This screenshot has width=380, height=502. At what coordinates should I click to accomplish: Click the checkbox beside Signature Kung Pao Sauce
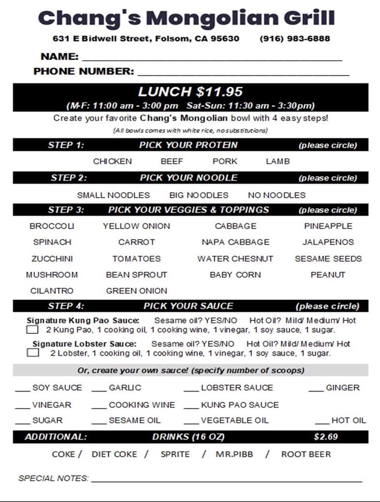coord(32,330)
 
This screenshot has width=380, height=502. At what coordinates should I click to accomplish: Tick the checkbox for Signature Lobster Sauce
coord(33,353)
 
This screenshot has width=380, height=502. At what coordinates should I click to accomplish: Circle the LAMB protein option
coord(278,161)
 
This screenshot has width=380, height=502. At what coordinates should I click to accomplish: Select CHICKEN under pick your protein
coord(112,161)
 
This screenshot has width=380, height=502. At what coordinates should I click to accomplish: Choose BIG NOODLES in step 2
coord(199,195)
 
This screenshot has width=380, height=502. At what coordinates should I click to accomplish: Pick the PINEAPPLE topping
coord(328,226)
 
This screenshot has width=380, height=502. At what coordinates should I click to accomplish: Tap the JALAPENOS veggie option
coord(328,242)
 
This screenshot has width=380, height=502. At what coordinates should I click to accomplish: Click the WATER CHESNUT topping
coord(235,259)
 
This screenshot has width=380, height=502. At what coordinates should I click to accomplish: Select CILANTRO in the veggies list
coord(52,291)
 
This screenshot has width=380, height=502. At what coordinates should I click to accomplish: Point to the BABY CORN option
coord(235,275)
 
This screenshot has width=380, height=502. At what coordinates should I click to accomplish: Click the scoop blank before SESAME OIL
coord(99,423)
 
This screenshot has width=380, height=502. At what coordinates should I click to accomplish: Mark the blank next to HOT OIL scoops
coord(322,423)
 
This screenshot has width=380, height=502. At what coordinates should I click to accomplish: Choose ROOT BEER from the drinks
coord(306,454)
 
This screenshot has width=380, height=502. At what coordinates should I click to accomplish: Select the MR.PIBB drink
coord(234,454)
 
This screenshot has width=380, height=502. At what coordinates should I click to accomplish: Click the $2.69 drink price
coord(326,437)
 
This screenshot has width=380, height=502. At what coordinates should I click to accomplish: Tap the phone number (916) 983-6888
coord(295,39)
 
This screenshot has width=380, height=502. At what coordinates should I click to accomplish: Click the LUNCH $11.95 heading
coord(191,92)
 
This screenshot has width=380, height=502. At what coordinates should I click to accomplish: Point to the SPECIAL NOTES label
coord(53,478)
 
